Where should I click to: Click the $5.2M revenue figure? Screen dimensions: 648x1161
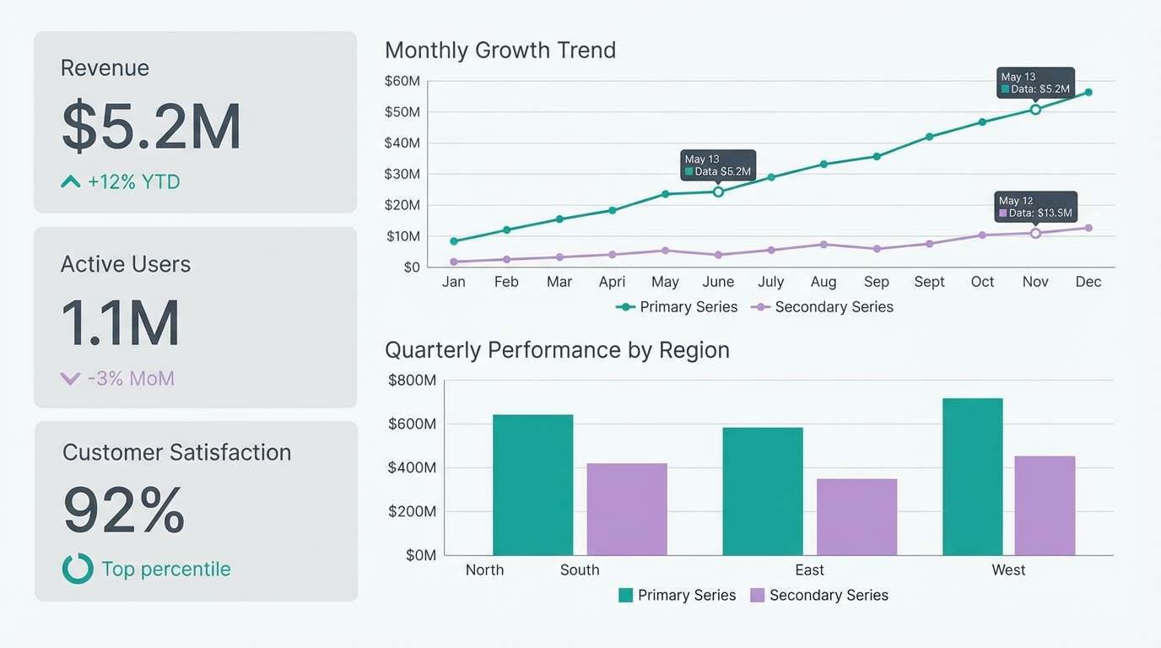(152, 127)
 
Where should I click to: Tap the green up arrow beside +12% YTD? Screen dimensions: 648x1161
(71, 181)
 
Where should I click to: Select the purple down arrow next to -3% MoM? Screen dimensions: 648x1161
(70, 379)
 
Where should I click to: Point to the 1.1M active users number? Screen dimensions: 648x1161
(121, 323)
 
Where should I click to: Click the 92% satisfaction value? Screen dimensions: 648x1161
(124, 510)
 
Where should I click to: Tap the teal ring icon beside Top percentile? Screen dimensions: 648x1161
(78, 569)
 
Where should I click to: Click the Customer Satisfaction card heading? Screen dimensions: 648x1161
(176, 452)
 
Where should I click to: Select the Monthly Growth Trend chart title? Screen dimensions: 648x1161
(500, 50)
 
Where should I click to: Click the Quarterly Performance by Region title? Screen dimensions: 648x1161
(557, 350)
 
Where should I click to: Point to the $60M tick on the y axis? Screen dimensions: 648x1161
(402, 81)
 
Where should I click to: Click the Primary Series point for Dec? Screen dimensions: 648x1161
(1088, 92)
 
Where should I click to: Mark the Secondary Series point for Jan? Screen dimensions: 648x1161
(454, 262)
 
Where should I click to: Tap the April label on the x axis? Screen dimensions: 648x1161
(612, 282)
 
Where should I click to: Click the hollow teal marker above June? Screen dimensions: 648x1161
(718, 192)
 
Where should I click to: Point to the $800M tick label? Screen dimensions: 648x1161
(412, 381)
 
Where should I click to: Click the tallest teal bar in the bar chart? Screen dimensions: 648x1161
(972, 477)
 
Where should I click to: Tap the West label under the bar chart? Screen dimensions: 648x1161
(1008, 570)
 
